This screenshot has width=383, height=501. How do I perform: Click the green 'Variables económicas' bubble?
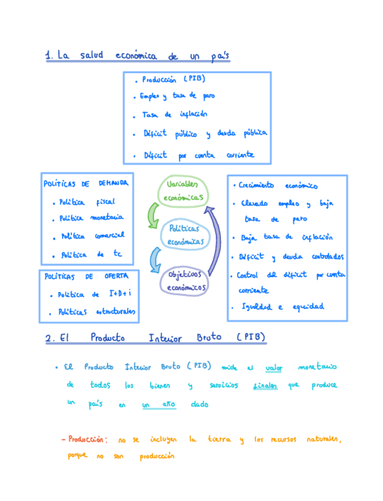coord(181,190)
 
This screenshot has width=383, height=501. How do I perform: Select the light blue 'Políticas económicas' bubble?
coord(185,235)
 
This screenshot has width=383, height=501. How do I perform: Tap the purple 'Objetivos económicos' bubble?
coord(184,280)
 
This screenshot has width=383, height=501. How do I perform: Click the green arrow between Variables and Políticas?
coord(152,216)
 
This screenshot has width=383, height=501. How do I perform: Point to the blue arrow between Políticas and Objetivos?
coord(155,259)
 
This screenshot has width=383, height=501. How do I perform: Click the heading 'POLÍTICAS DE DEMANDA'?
coord(86,184)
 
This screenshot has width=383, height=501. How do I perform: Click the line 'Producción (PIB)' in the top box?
coord(171,79)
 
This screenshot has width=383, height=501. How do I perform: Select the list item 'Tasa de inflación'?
coord(174,115)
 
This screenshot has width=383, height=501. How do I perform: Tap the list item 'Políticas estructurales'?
coord(95,312)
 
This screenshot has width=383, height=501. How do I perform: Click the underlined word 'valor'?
coord(274,367)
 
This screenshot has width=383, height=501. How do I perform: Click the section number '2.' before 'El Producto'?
coord(50,339)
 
